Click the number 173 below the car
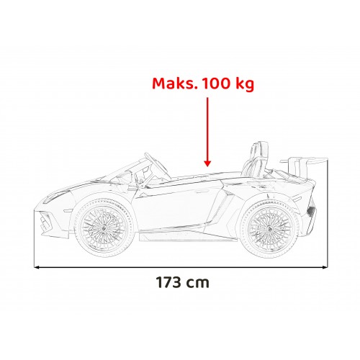[168, 282]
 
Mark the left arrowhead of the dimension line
[37, 266]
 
